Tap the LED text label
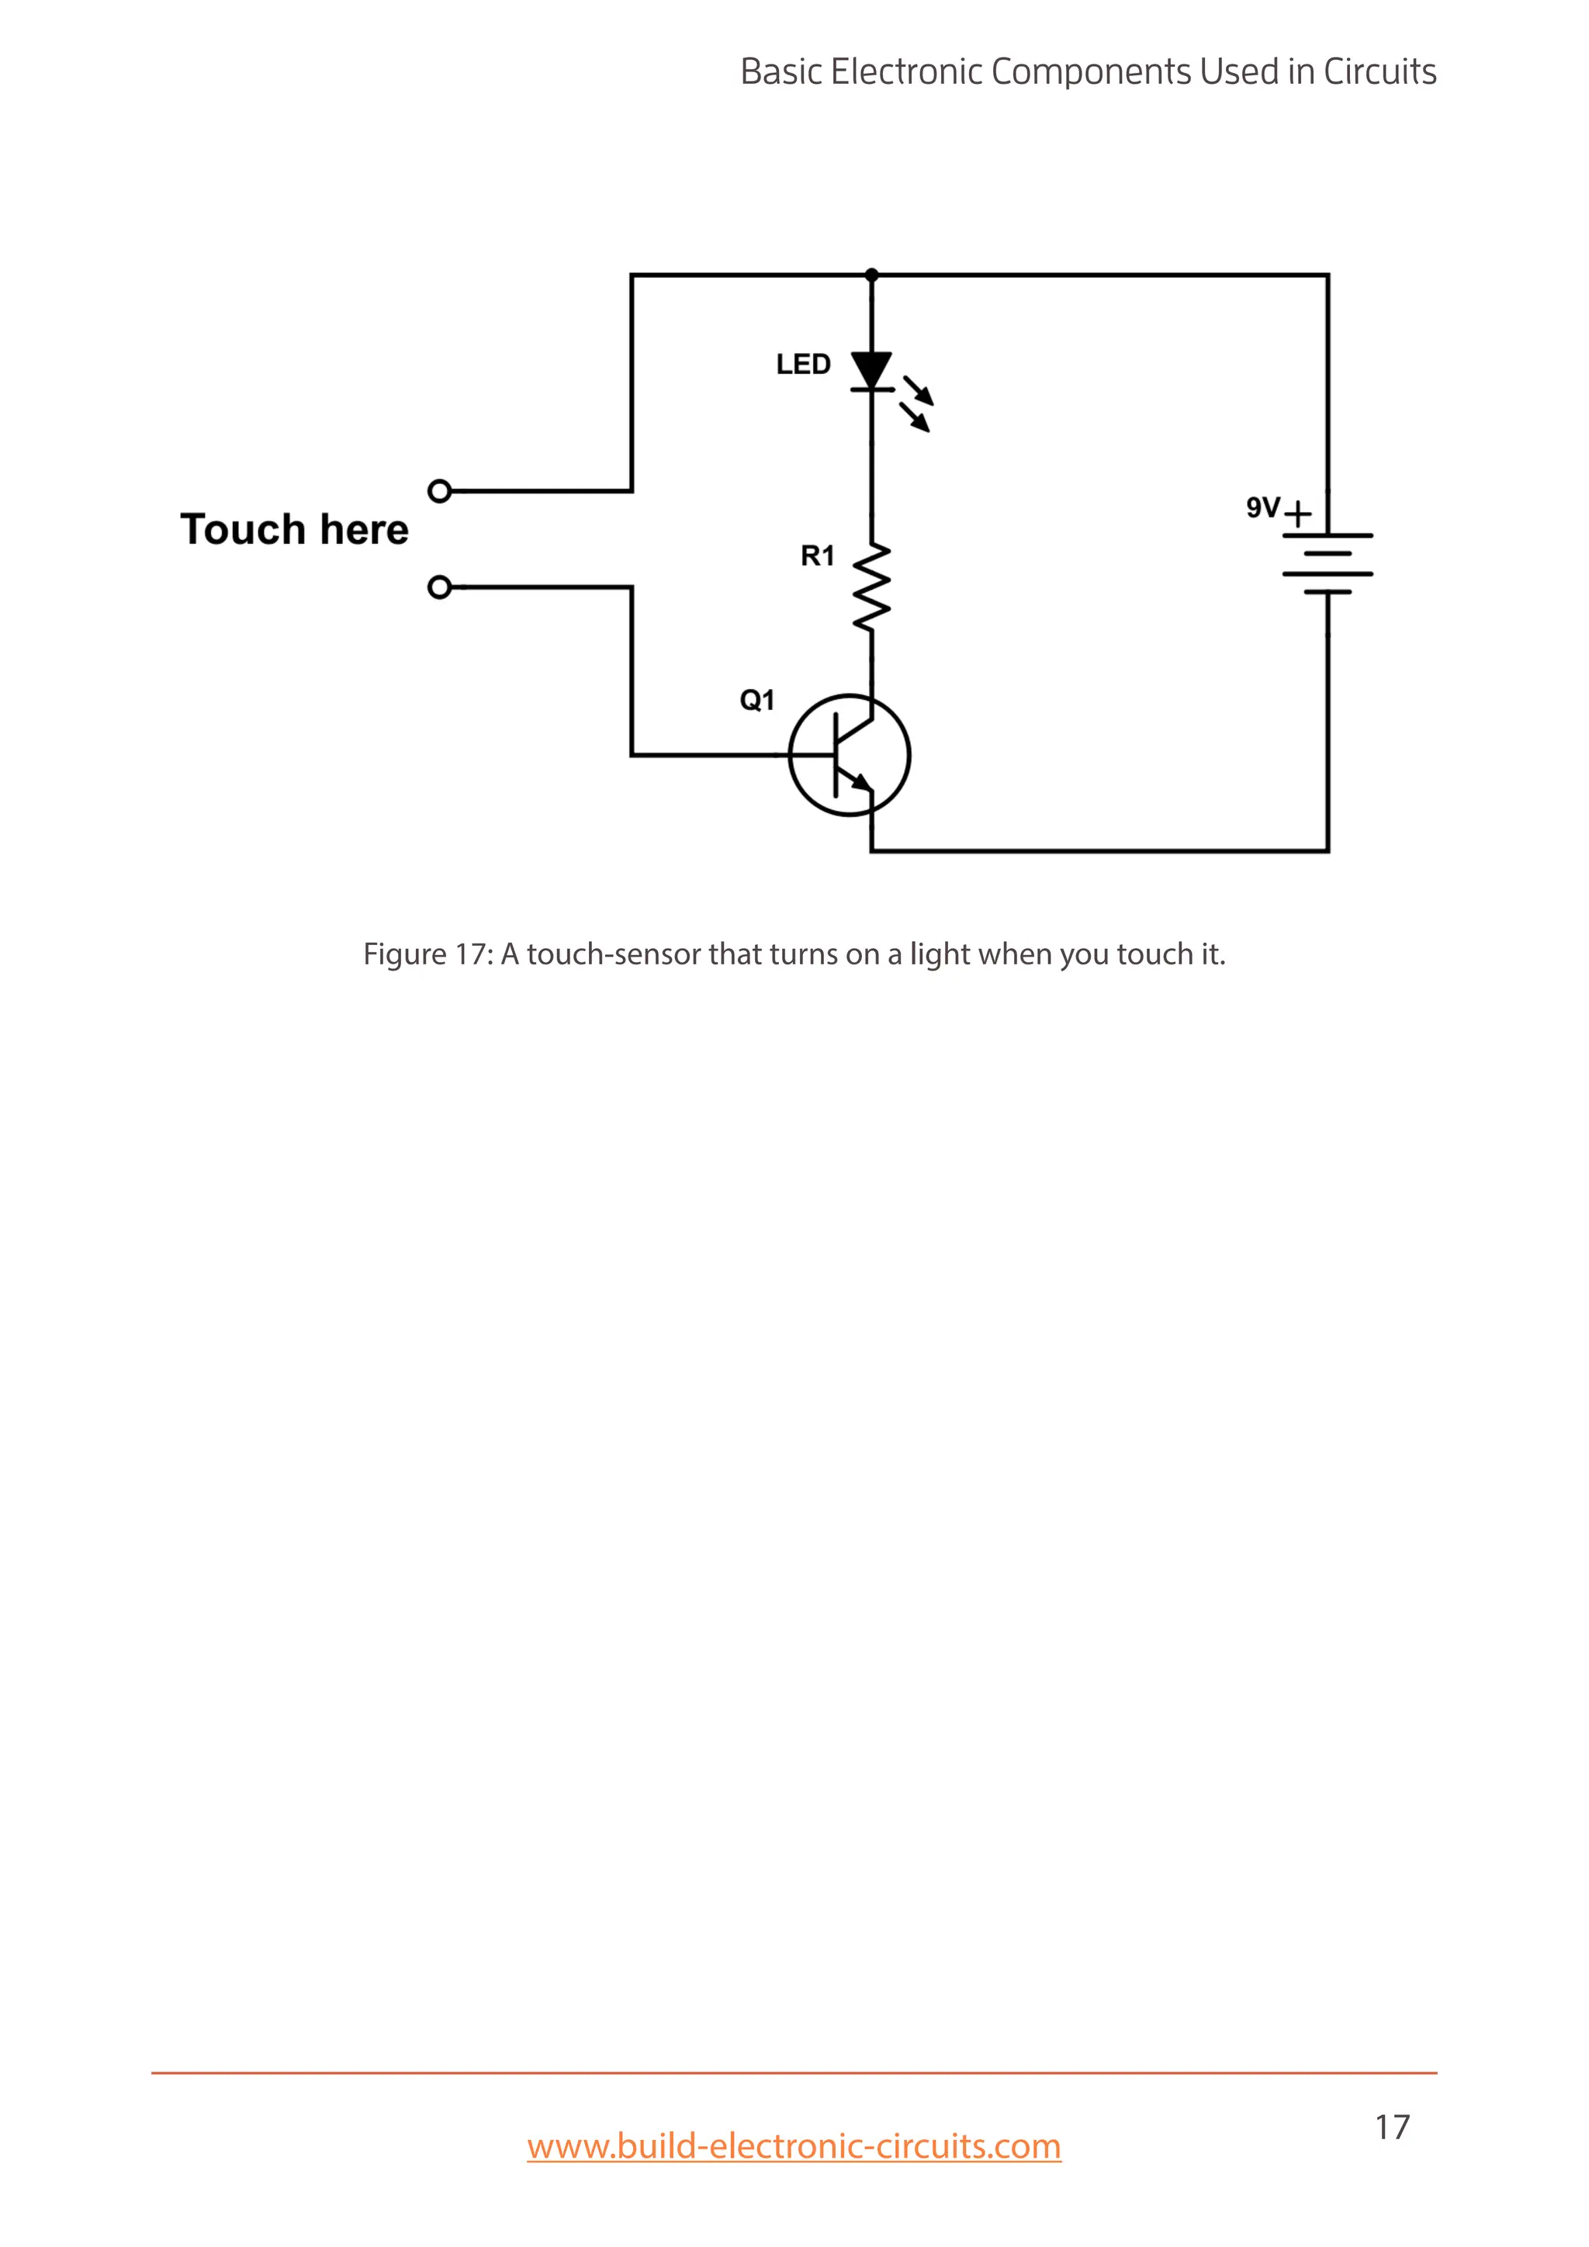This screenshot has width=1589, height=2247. [802, 365]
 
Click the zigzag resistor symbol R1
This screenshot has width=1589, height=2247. [871, 587]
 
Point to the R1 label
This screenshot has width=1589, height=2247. [817, 556]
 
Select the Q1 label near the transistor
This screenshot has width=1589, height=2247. [756, 700]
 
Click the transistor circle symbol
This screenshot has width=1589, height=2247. [850, 754]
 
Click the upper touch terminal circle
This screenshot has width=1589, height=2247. [440, 491]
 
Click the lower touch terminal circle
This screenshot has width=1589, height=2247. [440, 587]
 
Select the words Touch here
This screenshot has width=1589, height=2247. [293, 529]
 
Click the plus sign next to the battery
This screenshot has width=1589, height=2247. [1297, 514]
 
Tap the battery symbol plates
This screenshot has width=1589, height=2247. [1328, 564]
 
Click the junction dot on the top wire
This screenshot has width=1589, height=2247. [872, 275]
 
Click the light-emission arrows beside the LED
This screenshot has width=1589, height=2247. [918, 403]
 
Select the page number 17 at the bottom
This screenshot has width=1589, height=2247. [1391, 2127]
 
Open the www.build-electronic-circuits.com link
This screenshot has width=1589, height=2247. [794, 2146]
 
